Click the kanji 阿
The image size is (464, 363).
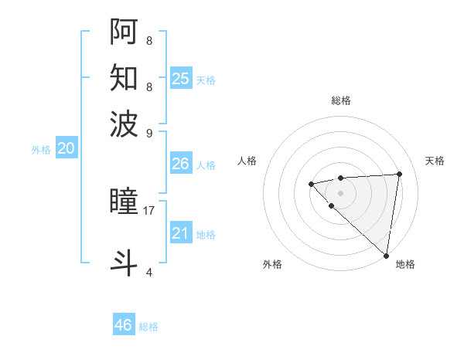tap(125, 32)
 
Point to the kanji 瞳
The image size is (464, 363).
tap(125, 202)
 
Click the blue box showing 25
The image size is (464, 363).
tap(180, 78)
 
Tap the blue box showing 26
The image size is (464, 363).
tap(180, 164)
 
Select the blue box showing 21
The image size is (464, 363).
tap(180, 233)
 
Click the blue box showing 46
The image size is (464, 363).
tap(124, 325)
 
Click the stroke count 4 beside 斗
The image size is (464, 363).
tap(149, 272)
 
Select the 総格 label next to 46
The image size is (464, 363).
tap(148, 327)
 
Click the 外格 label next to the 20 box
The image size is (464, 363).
tap(41, 150)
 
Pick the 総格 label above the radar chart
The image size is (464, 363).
tap(340, 100)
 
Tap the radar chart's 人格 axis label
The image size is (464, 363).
tap(247, 161)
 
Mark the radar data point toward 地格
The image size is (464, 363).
tap(386, 256)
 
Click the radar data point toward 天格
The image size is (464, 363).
tap(399, 174)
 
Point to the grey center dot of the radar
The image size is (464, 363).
tap(340, 192)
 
